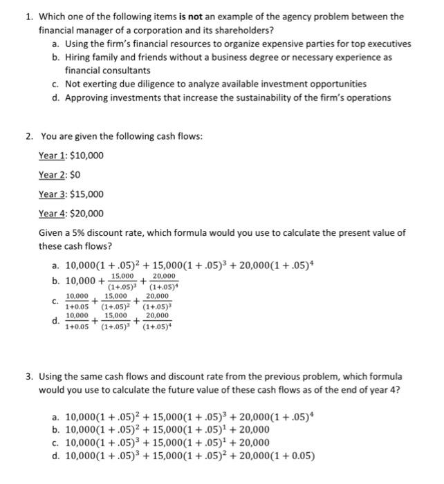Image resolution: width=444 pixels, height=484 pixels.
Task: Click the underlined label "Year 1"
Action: point(52,155)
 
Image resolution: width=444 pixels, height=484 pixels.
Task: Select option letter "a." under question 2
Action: point(55,266)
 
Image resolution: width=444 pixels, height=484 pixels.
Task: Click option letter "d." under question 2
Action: point(55,320)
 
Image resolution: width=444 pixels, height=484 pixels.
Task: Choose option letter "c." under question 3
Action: point(55,443)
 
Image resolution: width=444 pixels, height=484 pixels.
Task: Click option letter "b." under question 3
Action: point(55,429)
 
